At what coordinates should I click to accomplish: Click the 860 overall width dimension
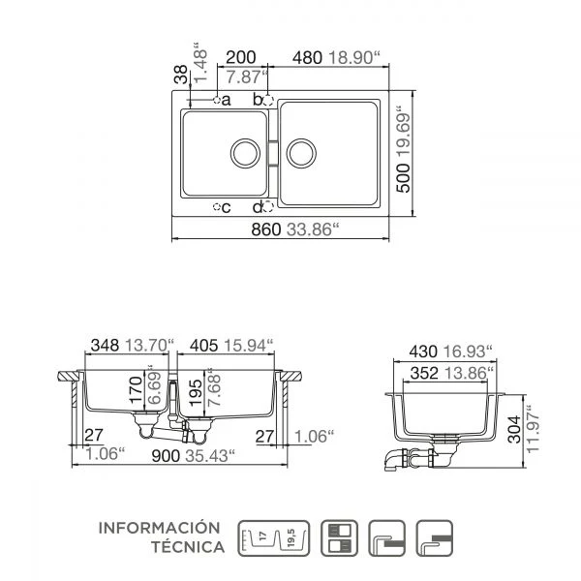[x=265, y=229]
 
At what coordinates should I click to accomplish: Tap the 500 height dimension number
[x=404, y=178]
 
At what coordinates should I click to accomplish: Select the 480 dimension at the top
[x=307, y=58]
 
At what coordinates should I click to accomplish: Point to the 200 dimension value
[x=241, y=57]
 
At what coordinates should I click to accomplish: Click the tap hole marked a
[x=217, y=100]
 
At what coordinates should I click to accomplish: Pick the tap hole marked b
[x=268, y=101]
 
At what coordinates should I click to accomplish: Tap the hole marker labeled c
[x=217, y=207]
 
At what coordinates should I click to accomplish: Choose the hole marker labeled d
[x=268, y=207]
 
